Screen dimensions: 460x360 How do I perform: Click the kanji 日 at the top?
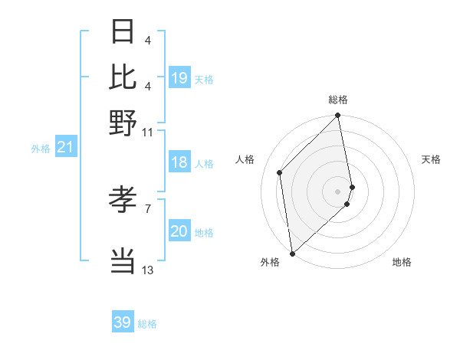pyautogui.click(x=123, y=31)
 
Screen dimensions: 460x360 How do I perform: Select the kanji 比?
pyautogui.click(x=123, y=77)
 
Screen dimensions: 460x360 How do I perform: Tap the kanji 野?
pyautogui.click(x=123, y=123)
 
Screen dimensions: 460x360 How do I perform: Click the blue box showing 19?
pyautogui.click(x=179, y=78)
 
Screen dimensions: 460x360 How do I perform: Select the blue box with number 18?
pyautogui.click(x=179, y=162)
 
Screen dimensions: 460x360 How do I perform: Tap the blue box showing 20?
pyautogui.click(x=179, y=231)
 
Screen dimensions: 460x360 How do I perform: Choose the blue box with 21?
pyautogui.click(x=65, y=147)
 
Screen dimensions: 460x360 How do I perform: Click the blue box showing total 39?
pyautogui.click(x=123, y=322)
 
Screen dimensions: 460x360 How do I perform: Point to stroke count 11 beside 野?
pyautogui.click(x=148, y=132)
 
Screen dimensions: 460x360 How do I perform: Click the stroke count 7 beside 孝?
pyautogui.click(x=148, y=208)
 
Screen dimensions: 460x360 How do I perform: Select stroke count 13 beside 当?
pyautogui.click(x=148, y=270)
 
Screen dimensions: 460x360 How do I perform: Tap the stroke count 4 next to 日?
pyautogui.click(x=148, y=40)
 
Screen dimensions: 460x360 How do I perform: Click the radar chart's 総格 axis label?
pyautogui.click(x=338, y=100)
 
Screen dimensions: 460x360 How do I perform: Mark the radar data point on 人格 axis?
pyautogui.click(x=280, y=172)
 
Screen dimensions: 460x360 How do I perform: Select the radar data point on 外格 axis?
pyautogui.click(x=292, y=254)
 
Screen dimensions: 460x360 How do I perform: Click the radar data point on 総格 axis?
pyautogui.click(x=338, y=116)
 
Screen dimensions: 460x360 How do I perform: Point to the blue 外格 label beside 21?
pyautogui.click(x=40, y=148)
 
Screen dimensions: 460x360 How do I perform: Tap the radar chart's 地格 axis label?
pyautogui.click(x=402, y=263)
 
